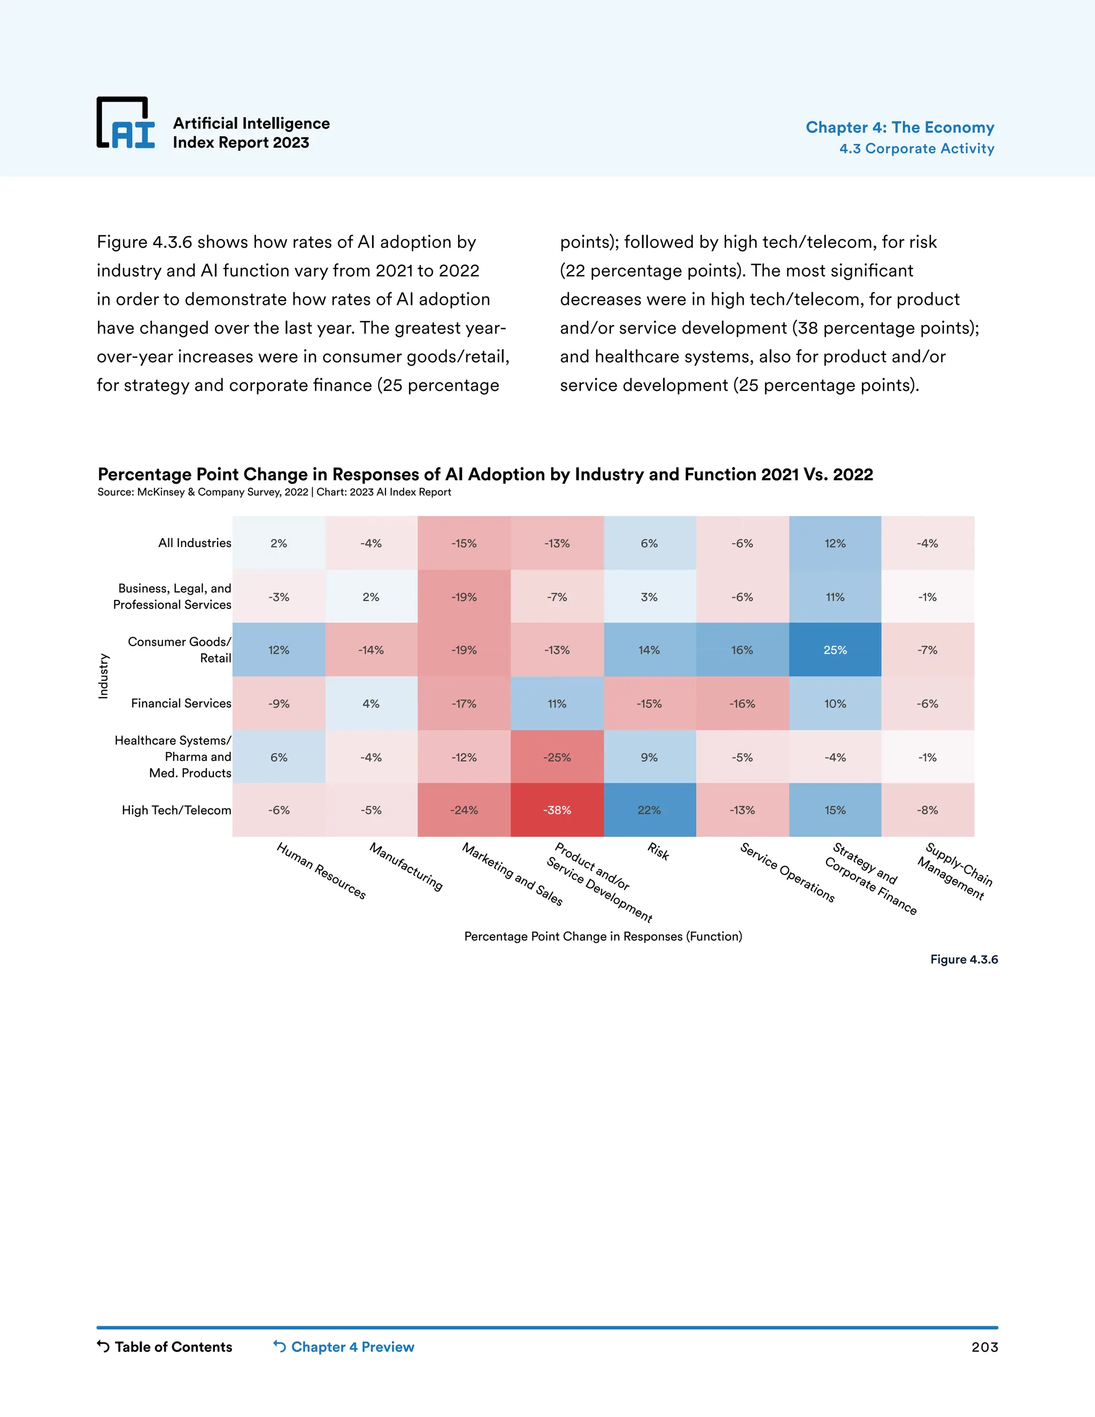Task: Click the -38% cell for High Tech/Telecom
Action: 557,810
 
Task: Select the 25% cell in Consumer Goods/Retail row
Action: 835,650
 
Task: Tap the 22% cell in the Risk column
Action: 649,810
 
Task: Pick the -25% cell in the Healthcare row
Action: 557,757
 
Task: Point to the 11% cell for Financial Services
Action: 557,703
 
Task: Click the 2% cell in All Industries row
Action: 279,543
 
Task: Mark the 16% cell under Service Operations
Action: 742,650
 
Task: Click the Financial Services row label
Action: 181,703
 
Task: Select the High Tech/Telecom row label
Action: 176,810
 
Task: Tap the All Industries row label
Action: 195,543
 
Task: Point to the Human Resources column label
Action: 321,871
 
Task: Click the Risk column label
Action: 658,851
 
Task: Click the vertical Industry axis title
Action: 103,676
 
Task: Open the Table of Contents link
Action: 165,1346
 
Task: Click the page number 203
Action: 984,1347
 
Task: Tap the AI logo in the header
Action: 126,124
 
